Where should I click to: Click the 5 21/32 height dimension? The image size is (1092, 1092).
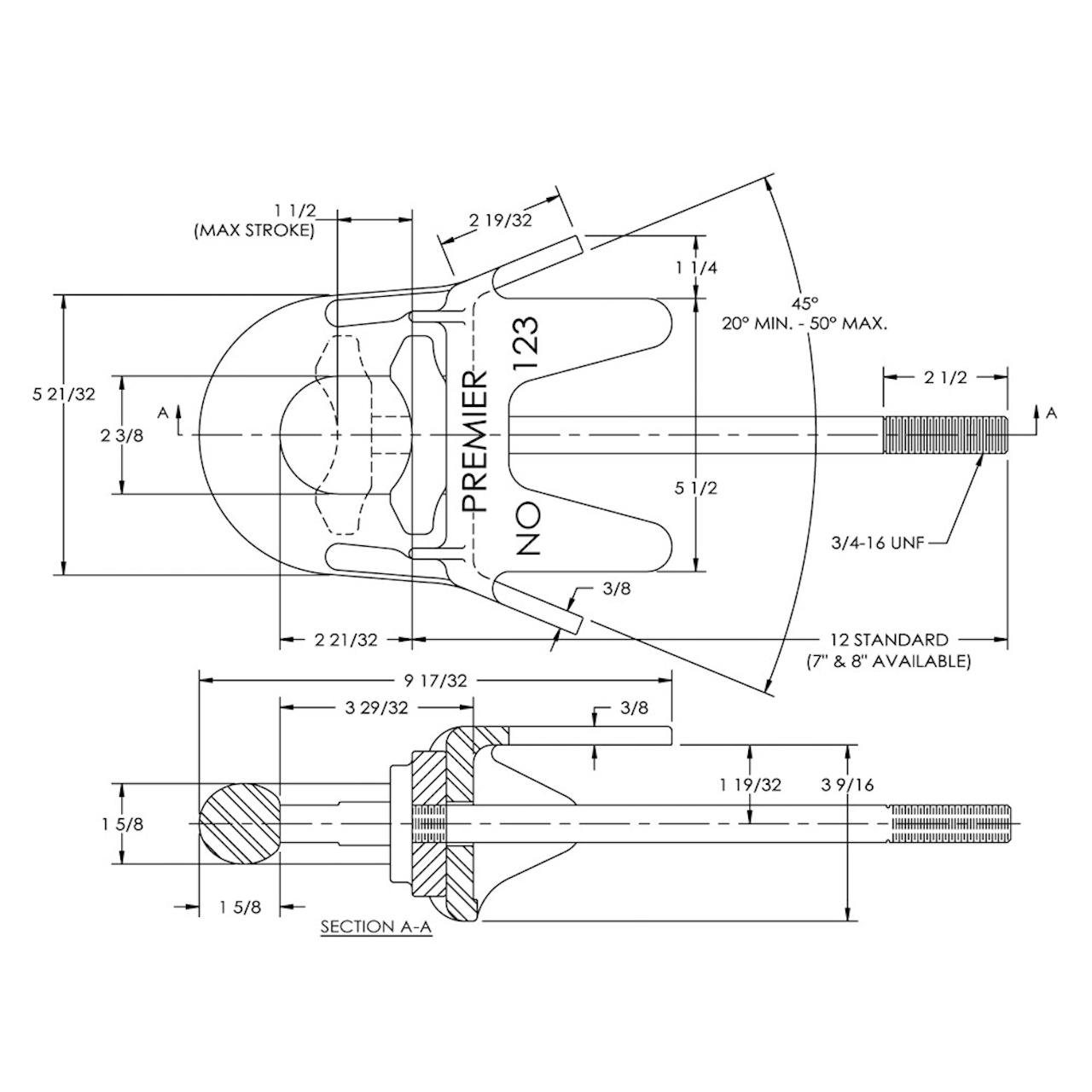point(64,394)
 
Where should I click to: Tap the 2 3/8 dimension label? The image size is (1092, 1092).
point(122,435)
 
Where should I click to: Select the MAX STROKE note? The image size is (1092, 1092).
point(254,231)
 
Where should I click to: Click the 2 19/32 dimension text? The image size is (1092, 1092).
point(501,220)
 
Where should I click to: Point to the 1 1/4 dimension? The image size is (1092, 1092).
point(696,268)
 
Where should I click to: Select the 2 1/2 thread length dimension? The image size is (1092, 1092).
point(946,377)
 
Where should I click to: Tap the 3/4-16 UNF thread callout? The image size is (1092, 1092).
point(878,543)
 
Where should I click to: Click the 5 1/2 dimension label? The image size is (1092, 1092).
point(696,488)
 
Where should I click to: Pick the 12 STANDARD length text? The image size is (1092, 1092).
point(889,640)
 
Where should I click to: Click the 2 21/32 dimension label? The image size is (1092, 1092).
point(346,640)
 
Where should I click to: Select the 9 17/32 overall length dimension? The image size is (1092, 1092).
point(435,680)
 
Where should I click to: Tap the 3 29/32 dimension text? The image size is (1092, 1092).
point(376,708)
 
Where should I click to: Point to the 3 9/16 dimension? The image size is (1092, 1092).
point(847,785)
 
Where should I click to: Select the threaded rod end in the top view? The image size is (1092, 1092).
point(945,435)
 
